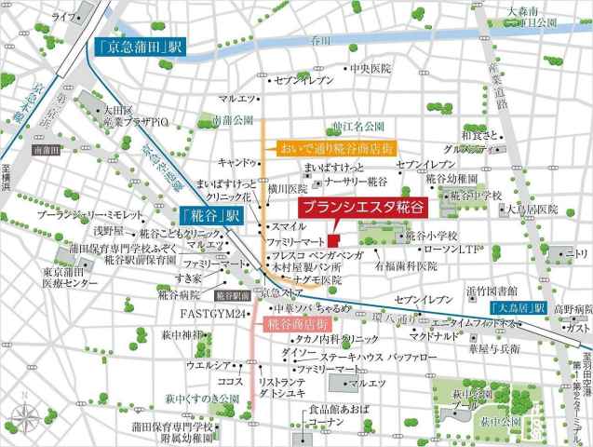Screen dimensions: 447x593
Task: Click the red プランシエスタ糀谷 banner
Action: point(349,209)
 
